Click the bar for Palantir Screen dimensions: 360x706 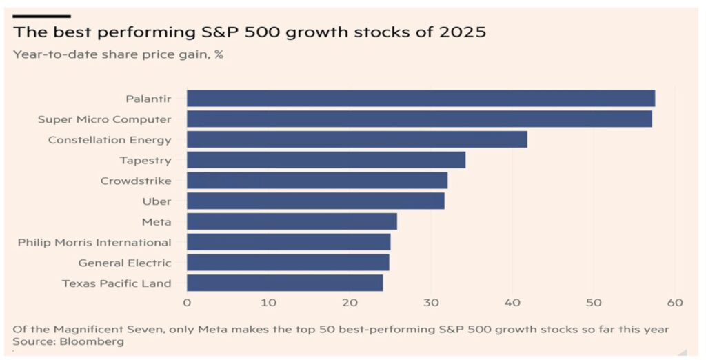[421, 98]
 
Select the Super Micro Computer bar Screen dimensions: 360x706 [419, 119]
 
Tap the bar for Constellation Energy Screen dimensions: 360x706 [356, 139]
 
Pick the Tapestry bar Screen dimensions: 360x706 [325, 160]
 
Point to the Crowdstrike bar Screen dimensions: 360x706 [316, 181]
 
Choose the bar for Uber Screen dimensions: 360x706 [315, 201]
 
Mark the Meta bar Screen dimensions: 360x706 [292, 221]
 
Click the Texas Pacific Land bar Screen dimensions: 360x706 [284, 283]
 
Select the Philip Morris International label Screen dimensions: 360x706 [94, 242]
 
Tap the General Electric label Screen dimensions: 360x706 [124, 263]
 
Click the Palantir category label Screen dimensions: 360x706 [148, 99]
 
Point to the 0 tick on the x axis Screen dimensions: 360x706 [187, 303]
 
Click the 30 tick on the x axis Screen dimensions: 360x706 [431, 303]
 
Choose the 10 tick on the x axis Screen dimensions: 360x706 [268, 303]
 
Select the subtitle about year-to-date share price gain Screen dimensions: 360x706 [118, 54]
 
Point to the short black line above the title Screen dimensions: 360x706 [41, 15]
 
